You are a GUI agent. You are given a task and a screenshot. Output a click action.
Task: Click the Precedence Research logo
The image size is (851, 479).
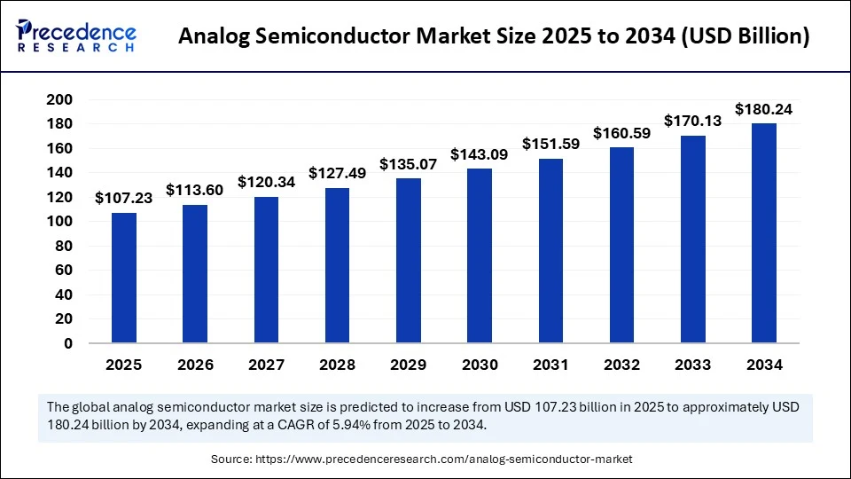pos(76,35)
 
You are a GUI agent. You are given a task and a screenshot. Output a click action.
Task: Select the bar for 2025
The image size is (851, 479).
pos(124,278)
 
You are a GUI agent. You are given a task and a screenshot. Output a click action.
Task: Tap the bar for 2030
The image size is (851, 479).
pos(480,255)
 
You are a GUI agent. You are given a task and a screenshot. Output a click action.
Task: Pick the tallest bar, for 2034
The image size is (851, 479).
pos(764,232)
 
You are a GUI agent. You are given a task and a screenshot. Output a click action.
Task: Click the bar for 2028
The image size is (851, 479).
pos(337,265)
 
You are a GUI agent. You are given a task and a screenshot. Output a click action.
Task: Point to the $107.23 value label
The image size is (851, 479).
pos(124,198)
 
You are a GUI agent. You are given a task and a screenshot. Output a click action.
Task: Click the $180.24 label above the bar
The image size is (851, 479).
pos(764,109)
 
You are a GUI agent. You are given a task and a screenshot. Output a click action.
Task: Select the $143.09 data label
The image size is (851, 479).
pos(480,154)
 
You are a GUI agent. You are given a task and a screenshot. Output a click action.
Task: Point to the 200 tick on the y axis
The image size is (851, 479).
pos(59,99)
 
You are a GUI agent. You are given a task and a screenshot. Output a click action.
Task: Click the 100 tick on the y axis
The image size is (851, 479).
pos(59,222)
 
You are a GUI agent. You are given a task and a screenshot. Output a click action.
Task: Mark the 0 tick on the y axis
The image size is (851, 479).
pos(67,343)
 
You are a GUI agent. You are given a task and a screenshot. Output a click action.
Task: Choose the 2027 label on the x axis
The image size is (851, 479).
pos(266,365)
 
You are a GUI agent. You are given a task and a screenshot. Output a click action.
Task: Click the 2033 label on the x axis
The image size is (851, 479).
pos(692,365)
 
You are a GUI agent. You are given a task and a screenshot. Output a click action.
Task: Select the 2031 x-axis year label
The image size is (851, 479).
pos(550,365)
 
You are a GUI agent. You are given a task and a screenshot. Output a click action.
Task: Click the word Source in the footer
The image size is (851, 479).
pos(230,459)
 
